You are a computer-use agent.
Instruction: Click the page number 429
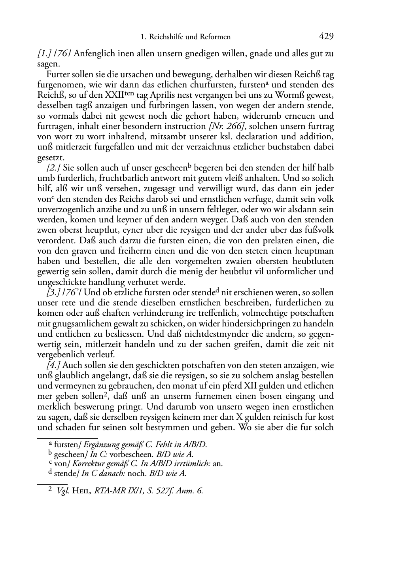coord(326,37)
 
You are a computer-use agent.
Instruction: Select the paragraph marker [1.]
coord(44,54)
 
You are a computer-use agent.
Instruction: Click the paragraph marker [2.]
coord(53,168)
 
